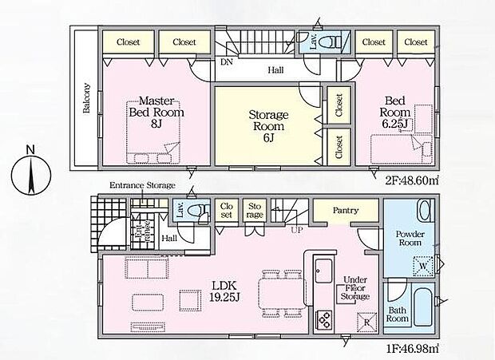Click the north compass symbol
(x=30, y=171)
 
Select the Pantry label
(x=344, y=211)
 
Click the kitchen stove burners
(x=323, y=318)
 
